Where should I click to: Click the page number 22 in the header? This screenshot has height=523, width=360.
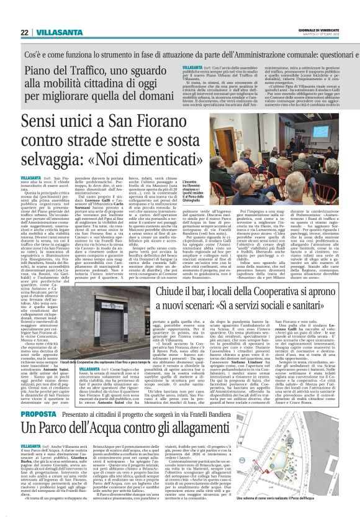[x=24, y=32]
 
